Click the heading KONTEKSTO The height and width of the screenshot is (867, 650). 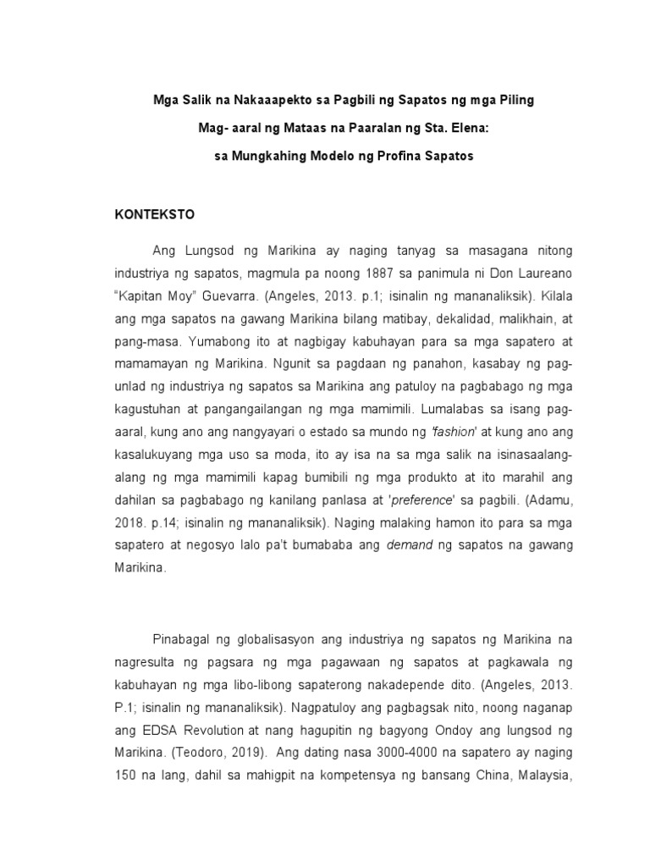pyautogui.click(x=155, y=215)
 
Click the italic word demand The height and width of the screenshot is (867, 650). pyautogui.click(x=409, y=546)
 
